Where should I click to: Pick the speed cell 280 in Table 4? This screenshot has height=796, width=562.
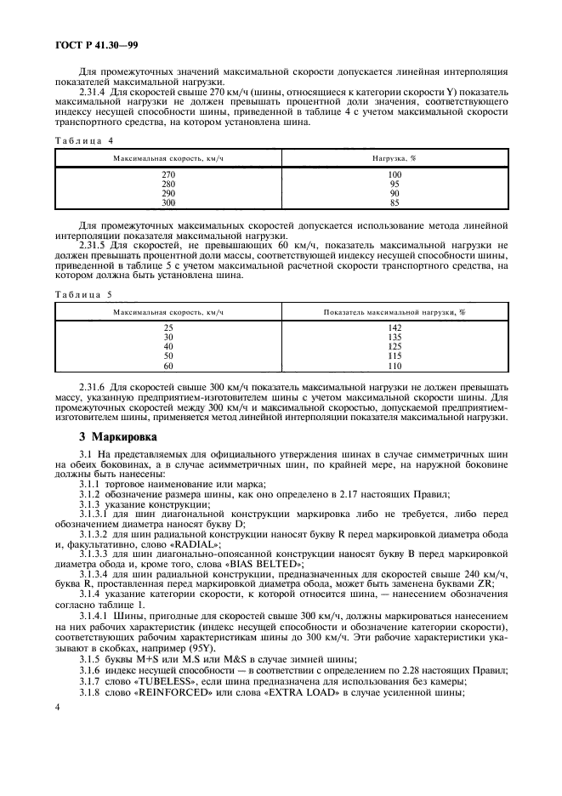168,184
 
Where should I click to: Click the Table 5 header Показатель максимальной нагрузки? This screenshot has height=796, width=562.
395,313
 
